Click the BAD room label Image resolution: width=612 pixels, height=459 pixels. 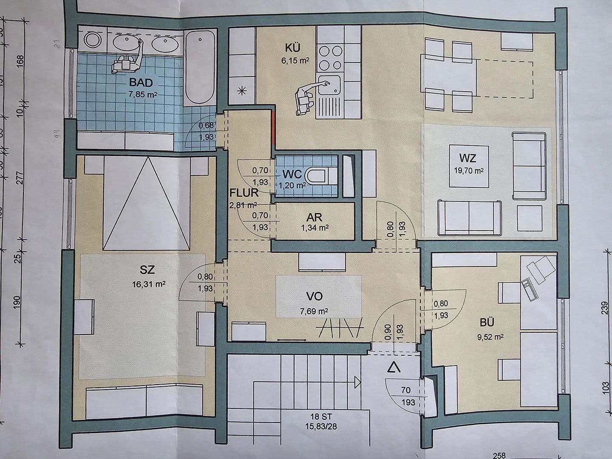(x=140, y=82)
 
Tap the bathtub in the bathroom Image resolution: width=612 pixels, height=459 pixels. (x=200, y=68)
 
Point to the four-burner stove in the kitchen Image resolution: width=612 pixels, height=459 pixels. (x=330, y=58)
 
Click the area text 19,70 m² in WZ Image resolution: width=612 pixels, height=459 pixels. (x=467, y=170)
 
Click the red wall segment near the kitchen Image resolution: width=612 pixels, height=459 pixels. (x=273, y=127)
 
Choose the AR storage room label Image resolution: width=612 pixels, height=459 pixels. (x=314, y=217)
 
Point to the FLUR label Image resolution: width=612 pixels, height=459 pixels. (x=244, y=192)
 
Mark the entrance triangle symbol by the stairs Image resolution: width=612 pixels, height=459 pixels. (x=394, y=367)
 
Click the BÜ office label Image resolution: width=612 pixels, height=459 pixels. (x=487, y=323)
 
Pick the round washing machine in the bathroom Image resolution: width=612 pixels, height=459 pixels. (x=92, y=41)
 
